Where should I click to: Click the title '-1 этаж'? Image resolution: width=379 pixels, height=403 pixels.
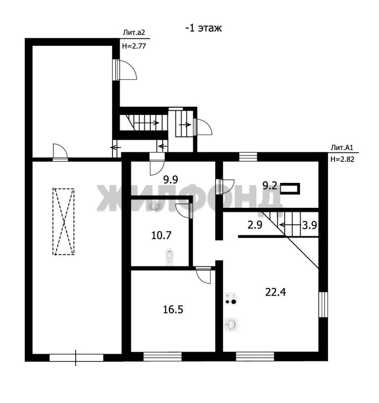(204, 28)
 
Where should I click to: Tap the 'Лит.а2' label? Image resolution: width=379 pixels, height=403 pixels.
(134, 32)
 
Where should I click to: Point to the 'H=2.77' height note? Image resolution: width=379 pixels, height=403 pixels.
(134, 46)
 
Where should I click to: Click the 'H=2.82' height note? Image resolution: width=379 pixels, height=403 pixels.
(342, 159)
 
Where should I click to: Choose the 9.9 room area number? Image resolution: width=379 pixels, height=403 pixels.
(171, 179)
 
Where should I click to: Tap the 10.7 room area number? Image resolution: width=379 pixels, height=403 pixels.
(161, 235)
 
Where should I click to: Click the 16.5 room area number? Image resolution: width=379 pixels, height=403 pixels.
(173, 309)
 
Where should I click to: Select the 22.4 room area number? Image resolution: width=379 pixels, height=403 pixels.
(275, 292)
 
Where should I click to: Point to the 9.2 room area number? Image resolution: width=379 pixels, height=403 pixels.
(270, 185)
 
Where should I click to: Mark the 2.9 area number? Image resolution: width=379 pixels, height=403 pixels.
(255, 225)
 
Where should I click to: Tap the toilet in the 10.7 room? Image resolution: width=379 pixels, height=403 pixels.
(170, 256)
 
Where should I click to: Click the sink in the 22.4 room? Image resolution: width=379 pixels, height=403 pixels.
(231, 324)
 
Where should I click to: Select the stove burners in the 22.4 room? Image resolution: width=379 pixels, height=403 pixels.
(231, 299)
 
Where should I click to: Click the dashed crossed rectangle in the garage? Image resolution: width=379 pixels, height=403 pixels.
(63, 222)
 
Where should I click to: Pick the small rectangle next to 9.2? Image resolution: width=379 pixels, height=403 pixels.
(290, 189)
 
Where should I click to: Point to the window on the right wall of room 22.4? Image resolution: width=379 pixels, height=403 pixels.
(323, 304)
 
